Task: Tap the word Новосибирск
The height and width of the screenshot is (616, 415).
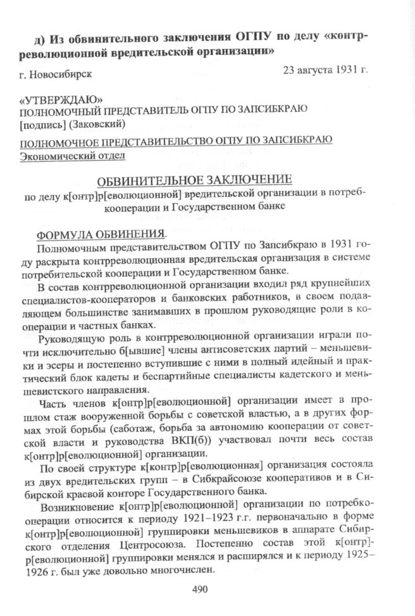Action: point(62,74)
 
